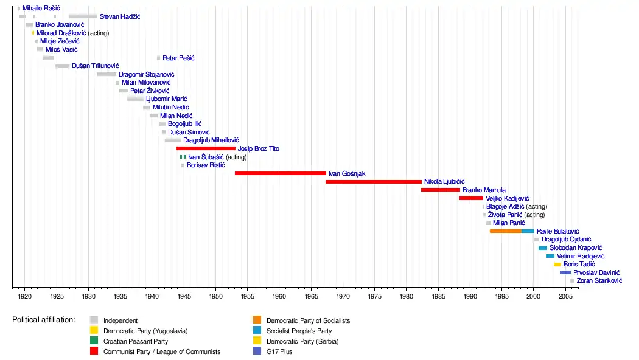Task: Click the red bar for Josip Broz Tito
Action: pos(206,148)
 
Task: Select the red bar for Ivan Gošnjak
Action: pos(280,173)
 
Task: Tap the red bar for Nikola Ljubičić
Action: pos(373,181)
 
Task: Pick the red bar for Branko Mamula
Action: pos(440,190)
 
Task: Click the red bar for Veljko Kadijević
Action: pos(471,198)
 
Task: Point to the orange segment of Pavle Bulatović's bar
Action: pos(505,231)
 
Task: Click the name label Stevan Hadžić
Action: pos(120,16)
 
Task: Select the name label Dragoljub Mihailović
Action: pos(211,140)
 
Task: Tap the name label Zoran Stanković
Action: pos(599,281)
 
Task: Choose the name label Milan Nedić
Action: pos(176,116)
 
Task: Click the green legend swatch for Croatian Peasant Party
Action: pos(94,341)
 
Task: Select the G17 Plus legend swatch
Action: pos(257,351)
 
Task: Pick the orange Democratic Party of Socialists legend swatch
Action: pos(257,320)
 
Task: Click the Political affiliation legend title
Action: pos(44,320)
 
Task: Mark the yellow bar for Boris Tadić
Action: pos(557,265)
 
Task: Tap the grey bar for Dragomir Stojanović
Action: pos(106,74)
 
